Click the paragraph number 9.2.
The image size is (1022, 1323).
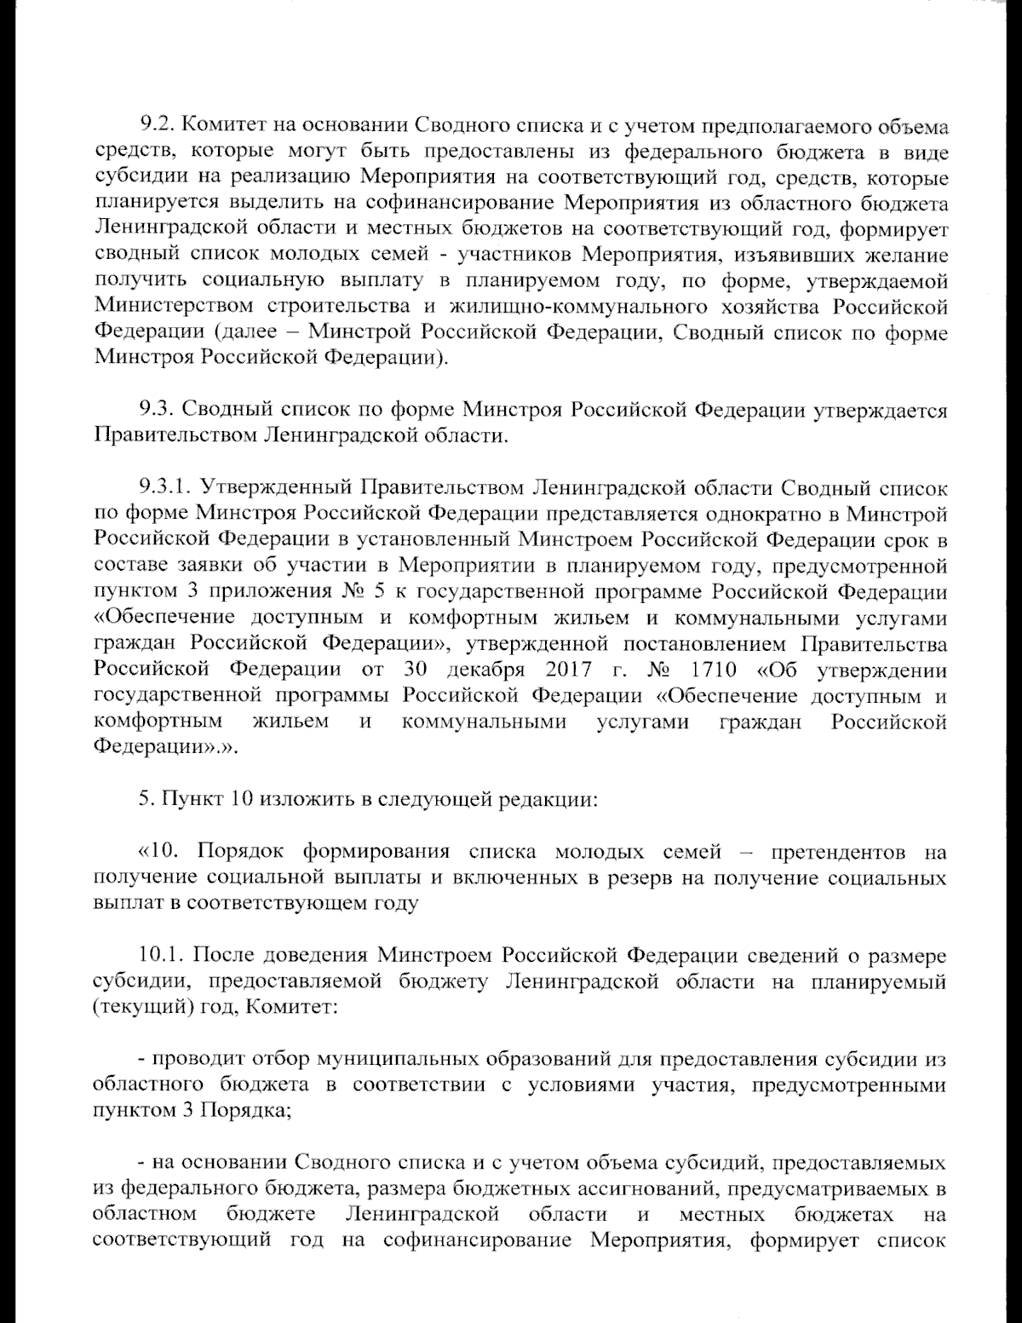click(157, 127)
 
